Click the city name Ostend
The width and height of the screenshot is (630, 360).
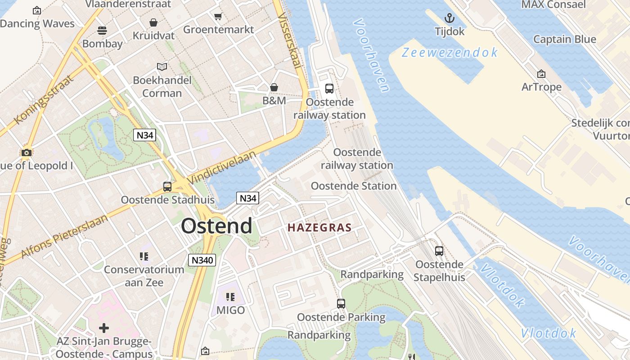pos(216,226)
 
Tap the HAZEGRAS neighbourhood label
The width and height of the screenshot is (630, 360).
pos(319,228)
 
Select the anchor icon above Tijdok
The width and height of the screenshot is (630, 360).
pos(449,18)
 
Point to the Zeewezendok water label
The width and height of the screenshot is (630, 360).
pos(450,53)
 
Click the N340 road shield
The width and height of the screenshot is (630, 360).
pos(202,260)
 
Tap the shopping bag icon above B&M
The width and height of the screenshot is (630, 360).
pos(274,87)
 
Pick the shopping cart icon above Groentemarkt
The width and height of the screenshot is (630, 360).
pos(218,17)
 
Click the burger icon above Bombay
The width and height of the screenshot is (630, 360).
pos(102,31)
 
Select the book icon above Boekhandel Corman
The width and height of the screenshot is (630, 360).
pos(162,67)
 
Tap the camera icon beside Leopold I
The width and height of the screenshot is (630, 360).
pos(27,153)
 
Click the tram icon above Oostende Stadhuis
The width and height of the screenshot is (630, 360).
pos(167,186)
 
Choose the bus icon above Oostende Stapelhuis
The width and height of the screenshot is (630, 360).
pos(439,251)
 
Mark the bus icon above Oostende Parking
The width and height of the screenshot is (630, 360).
pos(341,304)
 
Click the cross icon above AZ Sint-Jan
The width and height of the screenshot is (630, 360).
pos(104,328)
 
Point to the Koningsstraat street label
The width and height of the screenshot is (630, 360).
pos(44,99)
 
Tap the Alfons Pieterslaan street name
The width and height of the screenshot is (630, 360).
pos(65,236)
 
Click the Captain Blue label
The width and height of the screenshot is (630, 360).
pos(564,39)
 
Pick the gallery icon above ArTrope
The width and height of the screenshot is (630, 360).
pos(541,74)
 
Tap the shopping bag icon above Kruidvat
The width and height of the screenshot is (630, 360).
pos(153,22)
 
